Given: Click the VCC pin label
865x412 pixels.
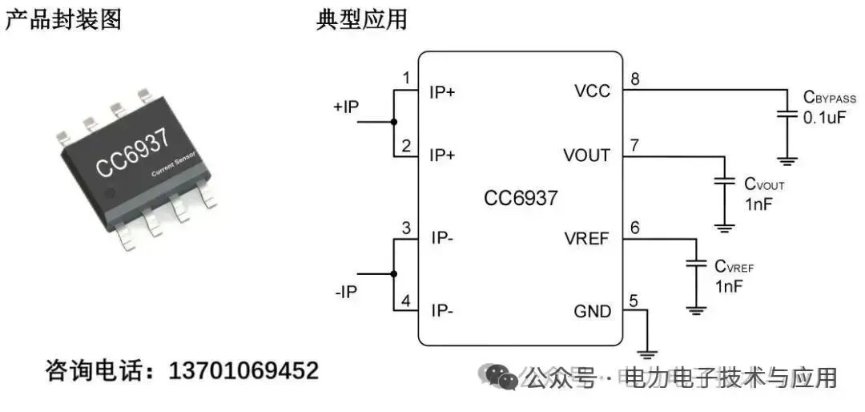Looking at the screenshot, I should pyautogui.click(x=592, y=91).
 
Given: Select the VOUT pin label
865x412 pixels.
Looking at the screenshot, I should pyautogui.click(x=586, y=156).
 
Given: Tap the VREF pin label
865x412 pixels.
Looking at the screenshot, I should pyautogui.click(x=587, y=238).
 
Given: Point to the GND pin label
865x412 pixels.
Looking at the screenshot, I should pyautogui.click(x=593, y=311).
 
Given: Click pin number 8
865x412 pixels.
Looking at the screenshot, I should pyautogui.click(x=635, y=79).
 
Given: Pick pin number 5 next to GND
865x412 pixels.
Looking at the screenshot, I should pyautogui.click(x=634, y=301).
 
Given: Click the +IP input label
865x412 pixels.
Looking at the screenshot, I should pyautogui.click(x=346, y=107).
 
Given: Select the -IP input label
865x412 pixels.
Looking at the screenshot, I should pyautogui.click(x=346, y=293).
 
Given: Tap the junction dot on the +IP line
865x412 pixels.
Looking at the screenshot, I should pyautogui.click(x=393, y=122).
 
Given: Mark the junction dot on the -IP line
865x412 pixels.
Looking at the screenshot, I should pyautogui.click(x=393, y=273).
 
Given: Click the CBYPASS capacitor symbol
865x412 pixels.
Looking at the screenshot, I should pyautogui.click(x=788, y=117).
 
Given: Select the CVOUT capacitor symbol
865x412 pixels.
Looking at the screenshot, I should pyautogui.click(x=725, y=182).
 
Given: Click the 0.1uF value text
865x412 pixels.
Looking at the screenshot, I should pyautogui.click(x=825, y=117).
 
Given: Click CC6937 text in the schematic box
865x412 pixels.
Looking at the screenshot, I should pyautogui.click(x=521, y=198).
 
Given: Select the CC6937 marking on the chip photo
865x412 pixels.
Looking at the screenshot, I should pyautogui.click(x=133, y=152).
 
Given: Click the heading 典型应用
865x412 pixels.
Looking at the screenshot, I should pyautogui.click(x=362, y=18).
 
